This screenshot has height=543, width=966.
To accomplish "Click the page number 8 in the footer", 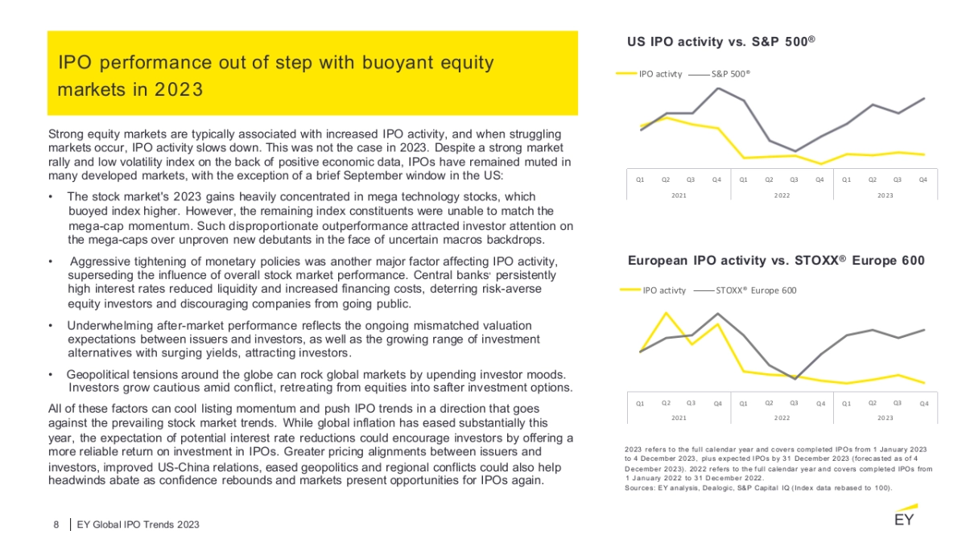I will coord(56,524).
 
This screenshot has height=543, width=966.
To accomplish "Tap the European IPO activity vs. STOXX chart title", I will coord(776,260).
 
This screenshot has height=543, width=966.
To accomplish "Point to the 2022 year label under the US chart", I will coord(782,195).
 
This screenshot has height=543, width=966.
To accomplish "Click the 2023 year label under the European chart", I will coord(885,418).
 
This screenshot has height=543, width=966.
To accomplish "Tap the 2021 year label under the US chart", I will coord(679,195).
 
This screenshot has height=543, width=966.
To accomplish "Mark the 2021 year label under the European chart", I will coord(679,418).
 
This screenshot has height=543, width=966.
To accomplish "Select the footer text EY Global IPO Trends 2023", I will coord(138,524).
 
